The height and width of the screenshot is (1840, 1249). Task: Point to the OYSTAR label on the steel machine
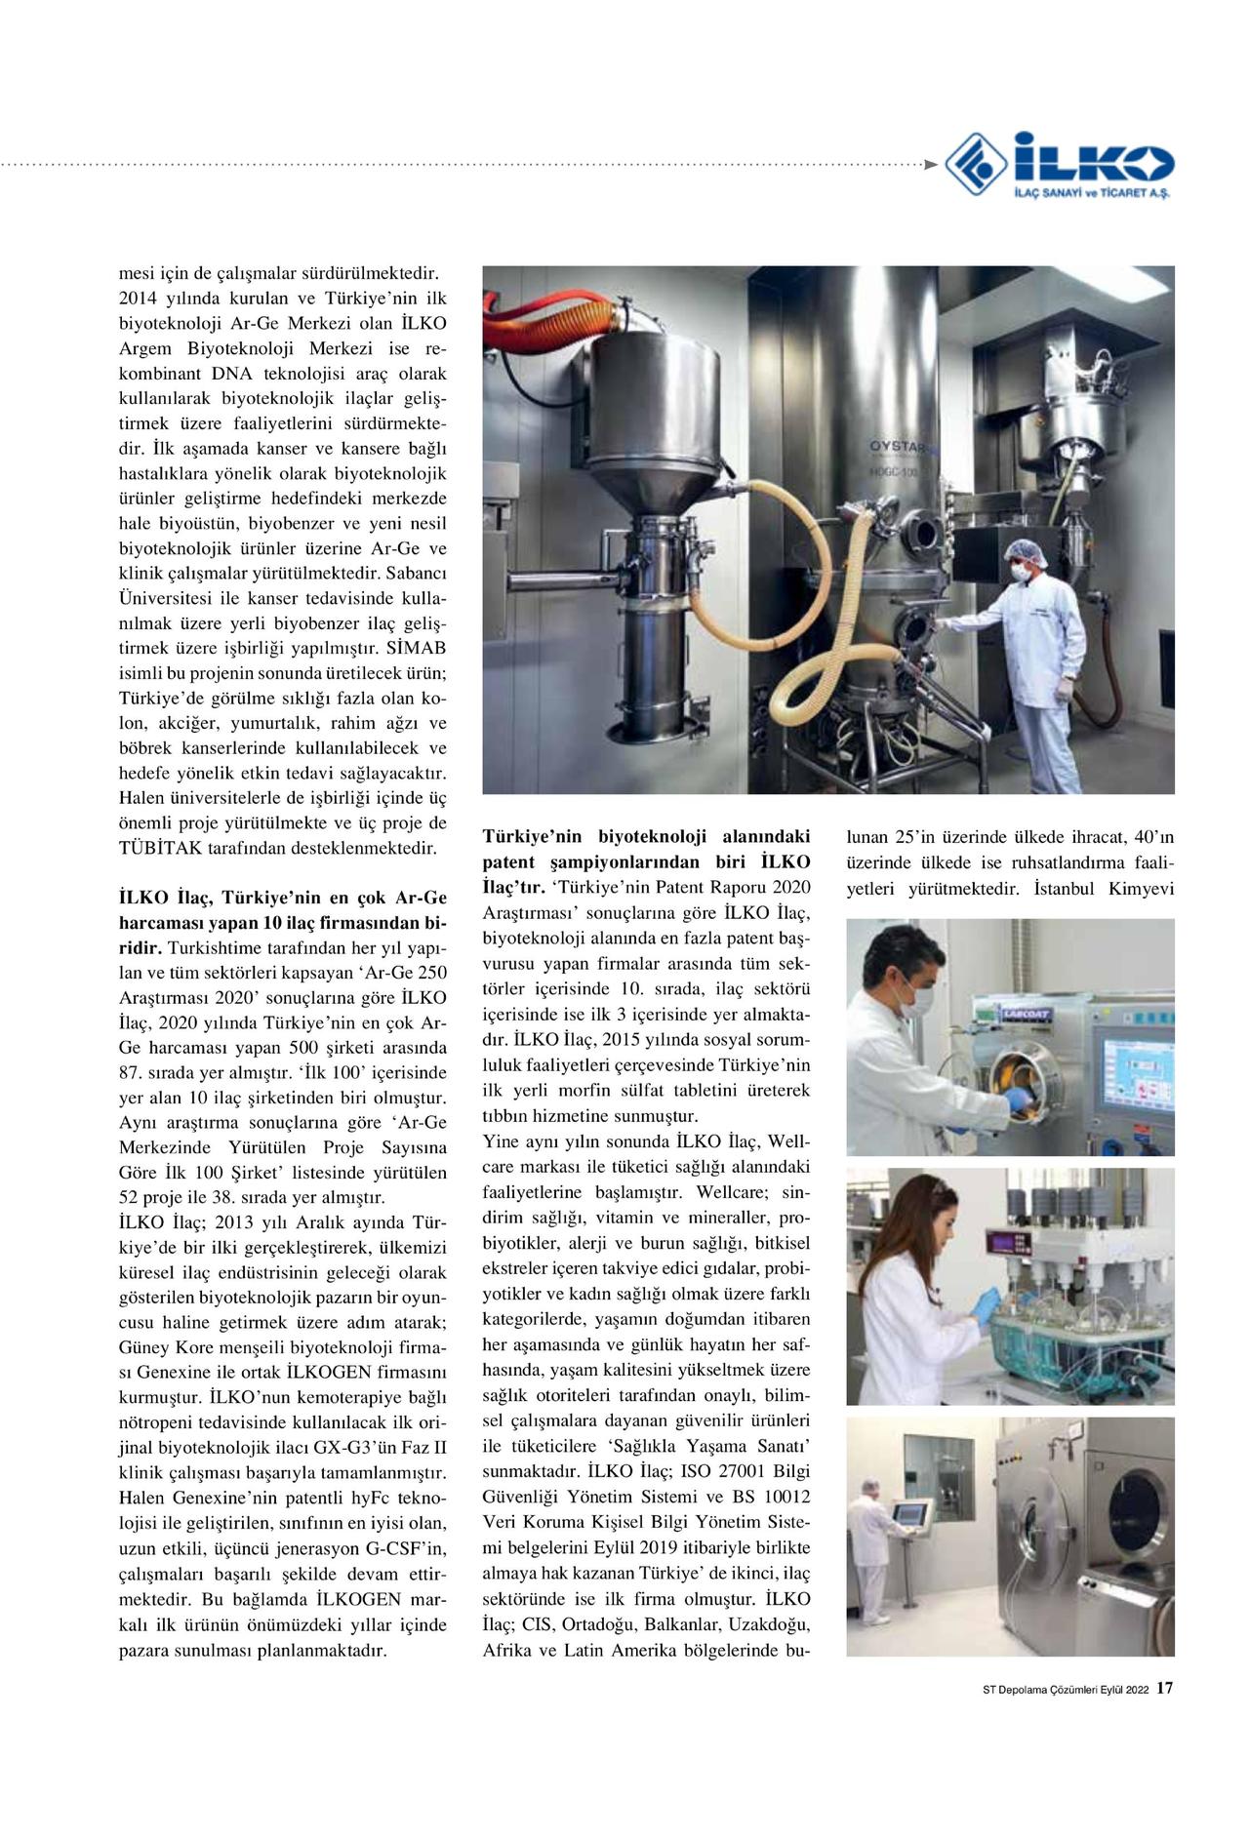[898, 447]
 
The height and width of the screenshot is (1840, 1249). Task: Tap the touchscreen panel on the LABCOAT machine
[1132, 1071]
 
